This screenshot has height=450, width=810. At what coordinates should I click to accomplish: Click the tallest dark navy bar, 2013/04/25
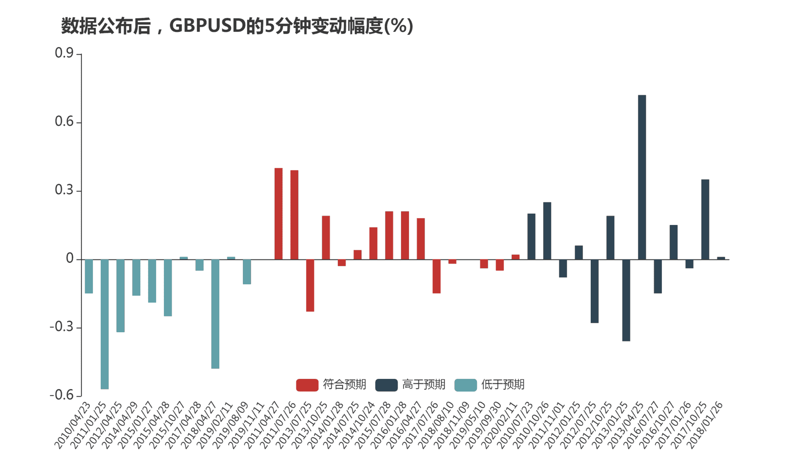point(642,177)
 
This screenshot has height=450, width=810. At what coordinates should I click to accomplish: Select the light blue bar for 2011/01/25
point(105,324)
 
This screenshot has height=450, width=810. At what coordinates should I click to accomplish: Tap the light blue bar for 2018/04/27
point(215,314)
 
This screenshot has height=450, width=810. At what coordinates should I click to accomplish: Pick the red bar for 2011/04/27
point(278,214)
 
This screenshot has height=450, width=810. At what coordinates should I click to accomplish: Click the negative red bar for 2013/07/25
point(310,286)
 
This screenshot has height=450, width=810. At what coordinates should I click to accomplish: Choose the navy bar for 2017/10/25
point(705,219)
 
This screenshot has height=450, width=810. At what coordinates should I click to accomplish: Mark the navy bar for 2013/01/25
point(626,300)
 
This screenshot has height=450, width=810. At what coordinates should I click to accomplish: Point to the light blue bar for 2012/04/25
point(120,296)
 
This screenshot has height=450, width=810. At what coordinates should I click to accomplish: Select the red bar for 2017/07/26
point(436,276)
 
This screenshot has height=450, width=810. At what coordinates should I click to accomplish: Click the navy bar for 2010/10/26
point(547,231)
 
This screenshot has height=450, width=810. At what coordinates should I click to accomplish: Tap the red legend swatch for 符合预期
point(307,385)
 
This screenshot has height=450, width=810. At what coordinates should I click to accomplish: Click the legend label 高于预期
point(423,385)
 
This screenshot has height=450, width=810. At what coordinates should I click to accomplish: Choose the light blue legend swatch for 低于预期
point(466,385)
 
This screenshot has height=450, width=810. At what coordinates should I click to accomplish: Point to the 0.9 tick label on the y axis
point(64,53)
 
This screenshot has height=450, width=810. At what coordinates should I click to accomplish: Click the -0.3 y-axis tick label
point(61,327)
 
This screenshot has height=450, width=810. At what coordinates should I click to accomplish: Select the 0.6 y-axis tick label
point(64,122)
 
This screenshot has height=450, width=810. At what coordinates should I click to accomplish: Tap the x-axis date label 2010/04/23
point(72,426)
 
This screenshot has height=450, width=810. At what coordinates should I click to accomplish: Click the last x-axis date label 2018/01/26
point(705,426)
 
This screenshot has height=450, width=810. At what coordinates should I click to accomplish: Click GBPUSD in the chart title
point(207,26)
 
